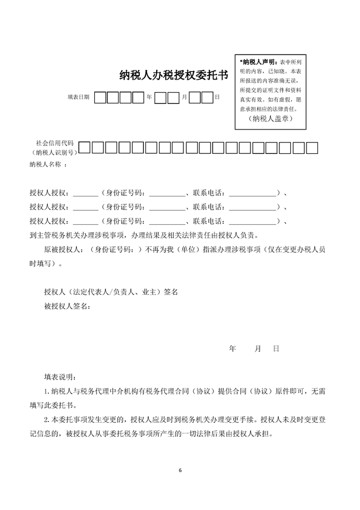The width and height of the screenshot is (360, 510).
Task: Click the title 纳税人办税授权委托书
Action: pyautogui.click(x=173, y=75)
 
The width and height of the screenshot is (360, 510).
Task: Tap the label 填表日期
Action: pyautogui.click(x=78, y=98)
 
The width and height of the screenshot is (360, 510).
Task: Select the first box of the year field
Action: pyautogui.click(x=100, y=98)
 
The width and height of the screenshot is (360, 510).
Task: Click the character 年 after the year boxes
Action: pyautogui.click(x=149, y=98)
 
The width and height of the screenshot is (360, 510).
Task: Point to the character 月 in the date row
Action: pyautogui.click(x=184, y=98)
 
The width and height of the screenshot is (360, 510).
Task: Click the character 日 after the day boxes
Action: pyautogui.click(x=217, y=98)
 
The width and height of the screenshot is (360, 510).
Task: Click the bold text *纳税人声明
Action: pyautogui.click(x=258, y=61)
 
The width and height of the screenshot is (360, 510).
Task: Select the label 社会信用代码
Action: pyautogui.click(x=55, y=143)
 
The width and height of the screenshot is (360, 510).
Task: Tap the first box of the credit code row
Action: pyautogui.click(x=84, y=149)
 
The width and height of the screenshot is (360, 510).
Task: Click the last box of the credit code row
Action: pyautogui.click(x=312, y=149)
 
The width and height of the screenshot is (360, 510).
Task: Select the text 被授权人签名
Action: pyautogui.click(x=66, y=307)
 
